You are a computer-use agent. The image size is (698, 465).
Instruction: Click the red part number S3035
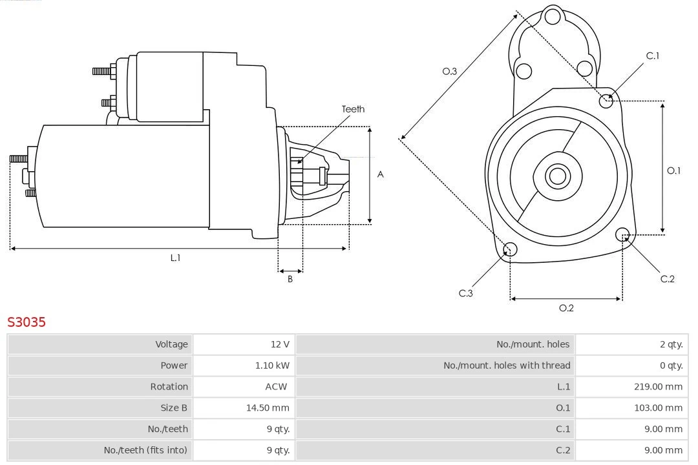26,322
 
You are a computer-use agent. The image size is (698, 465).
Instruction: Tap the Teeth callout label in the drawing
353,109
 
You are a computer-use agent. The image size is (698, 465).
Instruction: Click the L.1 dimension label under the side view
175,258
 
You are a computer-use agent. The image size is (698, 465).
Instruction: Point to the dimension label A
381,174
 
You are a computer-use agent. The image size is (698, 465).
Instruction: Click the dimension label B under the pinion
290,279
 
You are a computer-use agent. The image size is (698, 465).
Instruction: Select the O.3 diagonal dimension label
450,71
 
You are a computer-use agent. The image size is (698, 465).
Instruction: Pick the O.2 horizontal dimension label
566,308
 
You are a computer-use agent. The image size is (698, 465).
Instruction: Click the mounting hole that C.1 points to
606,100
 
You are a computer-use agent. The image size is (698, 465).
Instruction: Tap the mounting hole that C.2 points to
622,234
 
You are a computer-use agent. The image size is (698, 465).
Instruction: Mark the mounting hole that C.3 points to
510,250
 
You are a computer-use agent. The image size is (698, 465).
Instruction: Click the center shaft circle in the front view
556,176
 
